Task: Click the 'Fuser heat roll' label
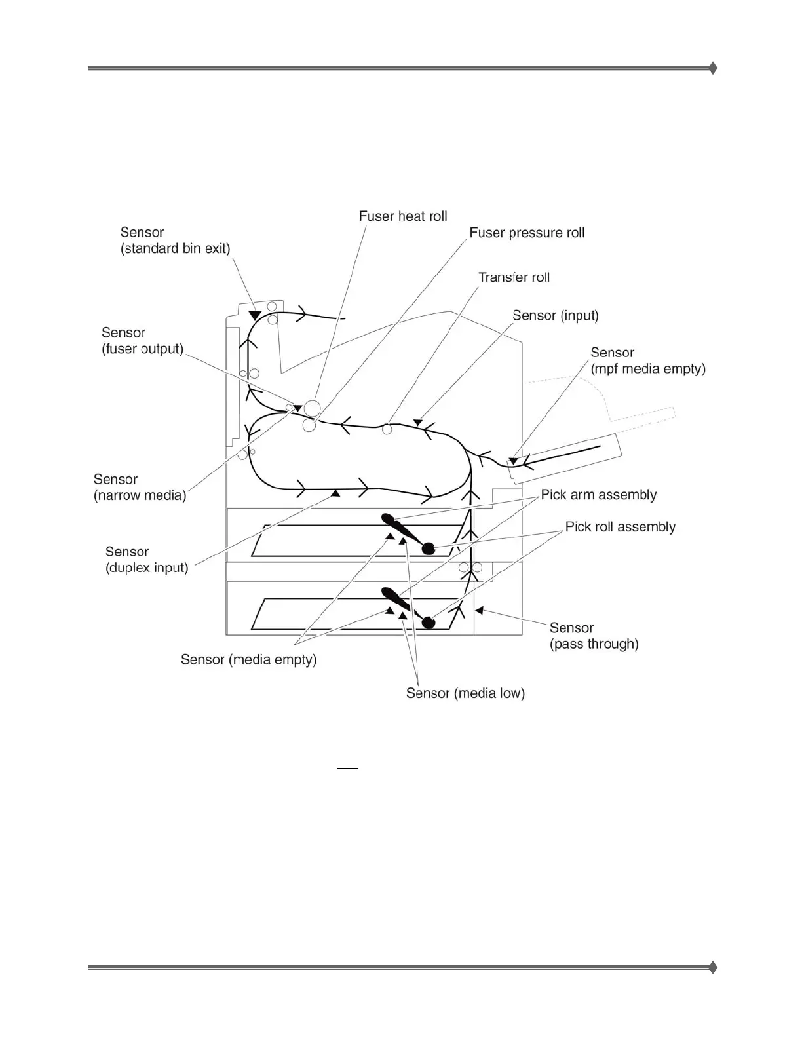pyautogui.click(x=403, y=216)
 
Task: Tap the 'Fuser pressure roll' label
pyautogui.click(x=527, y=233)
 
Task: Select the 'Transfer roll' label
pyautogui.click(x=514, y=277)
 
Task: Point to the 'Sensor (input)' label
pyautogui.click(x=555, y=315)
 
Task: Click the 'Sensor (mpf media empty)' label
pyautogui.click(x=647, y=360)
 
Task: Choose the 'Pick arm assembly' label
pyautogui.click(x=598, y=495)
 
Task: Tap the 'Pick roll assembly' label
pyautogui.click(x=620, y=527)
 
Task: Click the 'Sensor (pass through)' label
pyautogui.click(x=594, y=636)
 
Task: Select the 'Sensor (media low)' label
pyautogui.click(x=465, y=693)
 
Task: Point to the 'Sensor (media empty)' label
pyautogui.click(x=248, y=659)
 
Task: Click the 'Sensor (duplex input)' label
pyautogui.click(x=147, y=560)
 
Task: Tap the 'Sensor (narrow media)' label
pyautogui.click(x=140, y=488)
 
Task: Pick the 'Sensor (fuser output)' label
pyautogui.click(x=142, y=341)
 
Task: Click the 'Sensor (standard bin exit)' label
pyautogui.click(x=175, y=240)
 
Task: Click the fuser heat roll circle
pyautogui.click(x=312, y=408)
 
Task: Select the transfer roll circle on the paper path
pyautogui.click(x=387, y=429)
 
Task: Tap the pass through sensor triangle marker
pyautogui.click(x=479, y=611)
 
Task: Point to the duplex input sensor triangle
pyautogui.click(x=335, y=492)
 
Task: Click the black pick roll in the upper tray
pyautogui.click(x=428, y=548)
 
